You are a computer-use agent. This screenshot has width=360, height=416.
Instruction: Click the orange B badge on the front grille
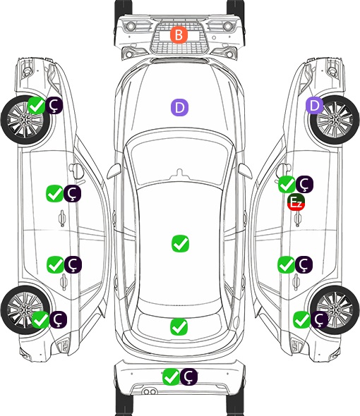pos(179,35)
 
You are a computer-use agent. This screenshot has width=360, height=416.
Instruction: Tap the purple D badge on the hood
pos(179,107)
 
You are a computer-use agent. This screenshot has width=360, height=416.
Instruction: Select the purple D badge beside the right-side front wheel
pos(314,105)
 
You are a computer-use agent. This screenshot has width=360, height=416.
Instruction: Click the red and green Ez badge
pos(296,202)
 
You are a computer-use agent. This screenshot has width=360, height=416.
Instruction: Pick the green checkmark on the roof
pos(180,243)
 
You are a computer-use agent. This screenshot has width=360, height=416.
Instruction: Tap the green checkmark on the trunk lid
pos(179,327)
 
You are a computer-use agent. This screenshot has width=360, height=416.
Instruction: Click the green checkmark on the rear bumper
pos(171,377)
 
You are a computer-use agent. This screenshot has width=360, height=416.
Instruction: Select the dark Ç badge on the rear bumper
pos(188,377)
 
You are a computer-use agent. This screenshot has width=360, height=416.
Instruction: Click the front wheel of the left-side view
pos(25,121)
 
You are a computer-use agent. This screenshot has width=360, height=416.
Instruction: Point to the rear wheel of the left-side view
pos(25,310)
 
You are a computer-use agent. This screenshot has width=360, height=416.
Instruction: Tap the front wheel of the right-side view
pos(335,120)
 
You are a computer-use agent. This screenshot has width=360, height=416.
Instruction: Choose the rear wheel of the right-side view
pos(335,310)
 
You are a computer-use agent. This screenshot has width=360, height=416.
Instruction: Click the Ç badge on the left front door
pos(72,194)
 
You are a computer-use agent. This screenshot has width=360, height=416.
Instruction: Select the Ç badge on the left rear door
pos(73,264)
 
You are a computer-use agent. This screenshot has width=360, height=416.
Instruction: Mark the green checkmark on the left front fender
pos(37,105)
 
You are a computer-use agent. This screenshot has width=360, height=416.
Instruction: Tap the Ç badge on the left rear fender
pos(58,319)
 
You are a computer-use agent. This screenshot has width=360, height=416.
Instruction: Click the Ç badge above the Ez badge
pos(304,184)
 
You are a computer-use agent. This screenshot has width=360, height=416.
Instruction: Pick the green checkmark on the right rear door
pos(287,264)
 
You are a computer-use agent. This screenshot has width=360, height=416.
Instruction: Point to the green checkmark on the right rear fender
pos(302,319)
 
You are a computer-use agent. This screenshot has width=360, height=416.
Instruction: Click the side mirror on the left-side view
pos(76,171)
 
